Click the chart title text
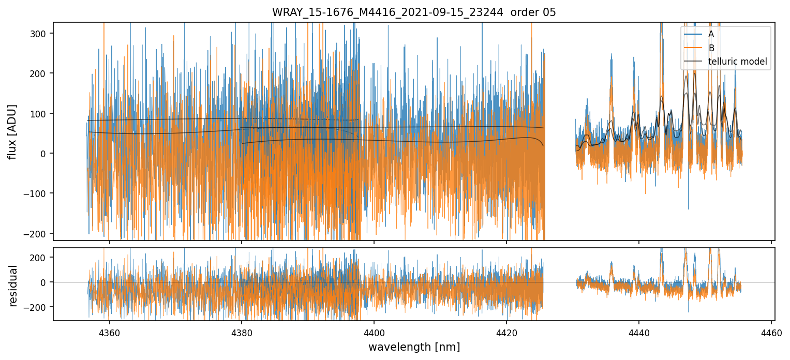[414, 12]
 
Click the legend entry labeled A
[711, 34]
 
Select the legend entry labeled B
[711, 48]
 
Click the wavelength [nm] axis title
[414, 347]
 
